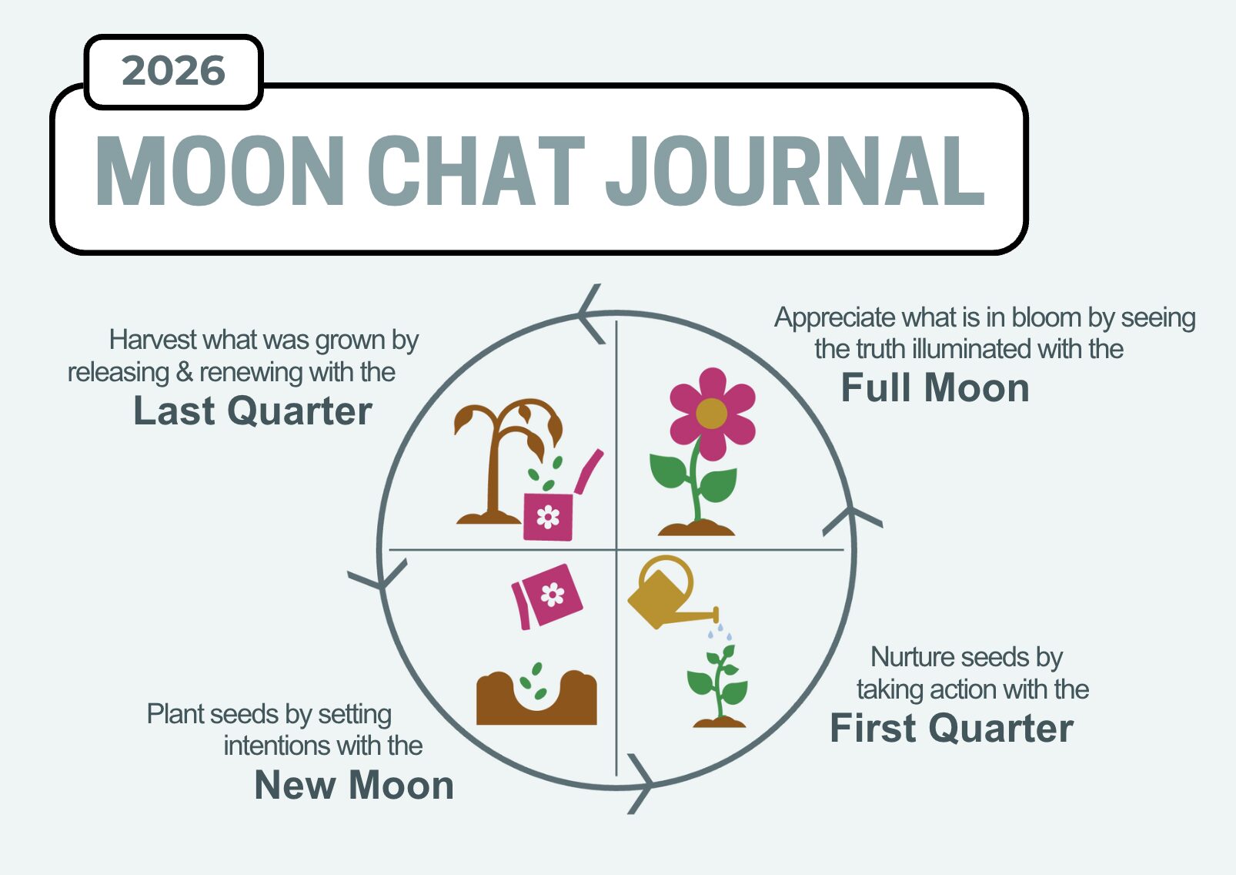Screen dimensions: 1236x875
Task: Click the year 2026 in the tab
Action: coord(173,72)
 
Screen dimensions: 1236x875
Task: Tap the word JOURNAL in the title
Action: coord(795,171)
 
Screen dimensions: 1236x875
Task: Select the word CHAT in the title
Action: coord(476,171)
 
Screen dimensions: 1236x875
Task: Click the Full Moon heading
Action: coord(935,388)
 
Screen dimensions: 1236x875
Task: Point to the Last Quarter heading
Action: coord(252,411)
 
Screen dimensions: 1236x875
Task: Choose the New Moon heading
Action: coord(354,786)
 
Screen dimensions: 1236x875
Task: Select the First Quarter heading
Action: coord(952,729)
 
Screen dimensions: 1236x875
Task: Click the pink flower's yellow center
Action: coord(712,413)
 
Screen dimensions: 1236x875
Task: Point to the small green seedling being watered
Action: coord(718,685)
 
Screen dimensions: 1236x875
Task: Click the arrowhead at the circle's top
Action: coord(590,313)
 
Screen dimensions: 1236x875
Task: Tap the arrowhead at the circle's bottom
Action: coord(643,784)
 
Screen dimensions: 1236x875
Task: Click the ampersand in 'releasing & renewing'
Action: coord(184,373)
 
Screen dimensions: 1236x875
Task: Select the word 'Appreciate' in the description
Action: coord(835,319)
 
